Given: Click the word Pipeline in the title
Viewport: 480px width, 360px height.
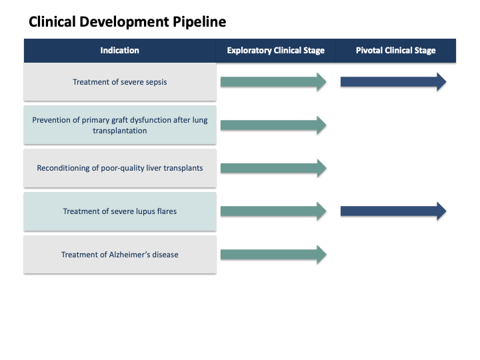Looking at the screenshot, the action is [x=199, y=22].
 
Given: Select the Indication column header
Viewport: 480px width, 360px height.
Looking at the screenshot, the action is [x=120, y=51].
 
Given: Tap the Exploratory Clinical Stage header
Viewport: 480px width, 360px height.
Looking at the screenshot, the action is [x=276, y=51].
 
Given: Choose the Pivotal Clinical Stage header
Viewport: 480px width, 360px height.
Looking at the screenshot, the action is [x=395, y=51].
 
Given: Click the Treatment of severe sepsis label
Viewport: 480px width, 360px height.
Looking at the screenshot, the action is [x=120, y=82].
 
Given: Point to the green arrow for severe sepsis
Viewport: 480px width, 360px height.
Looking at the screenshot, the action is [x=273, y=82].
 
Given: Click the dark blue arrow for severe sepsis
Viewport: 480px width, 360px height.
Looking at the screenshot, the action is [x=393, y=82].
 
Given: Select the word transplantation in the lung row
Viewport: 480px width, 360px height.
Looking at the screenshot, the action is [x=120, y=131].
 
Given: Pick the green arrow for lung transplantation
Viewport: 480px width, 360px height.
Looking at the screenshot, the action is [x=273, y=125].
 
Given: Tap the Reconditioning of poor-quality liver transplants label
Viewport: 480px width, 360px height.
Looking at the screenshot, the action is [x=120, y=168].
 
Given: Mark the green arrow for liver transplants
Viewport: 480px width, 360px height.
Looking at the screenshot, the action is [x=273, y=168].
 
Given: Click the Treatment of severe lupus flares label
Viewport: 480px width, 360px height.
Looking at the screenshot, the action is [x=120, y=211].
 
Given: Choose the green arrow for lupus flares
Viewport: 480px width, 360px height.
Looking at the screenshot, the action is [x=273, y=211].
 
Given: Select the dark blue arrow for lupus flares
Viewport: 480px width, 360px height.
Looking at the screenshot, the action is [x=393, y=211].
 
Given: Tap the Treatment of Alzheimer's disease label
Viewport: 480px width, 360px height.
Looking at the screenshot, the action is [x=120, y=255].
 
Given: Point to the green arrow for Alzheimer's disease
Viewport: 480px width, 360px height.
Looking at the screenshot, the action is [x=273, y=254].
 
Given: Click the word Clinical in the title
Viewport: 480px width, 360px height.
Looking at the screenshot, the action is [x=53, y=22].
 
